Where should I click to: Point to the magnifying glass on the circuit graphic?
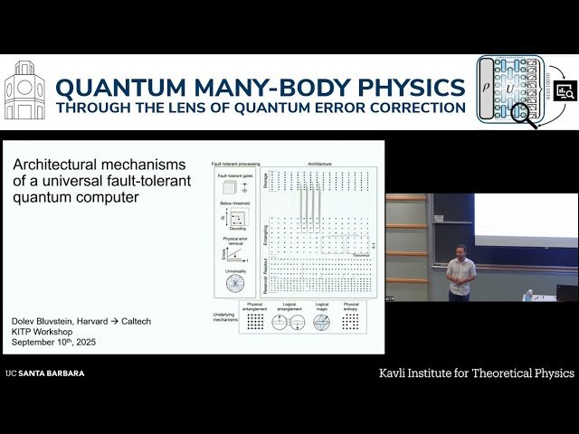coord(523,114)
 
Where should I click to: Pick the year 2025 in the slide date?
coord(85,343)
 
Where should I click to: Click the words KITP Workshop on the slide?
coord(45,332)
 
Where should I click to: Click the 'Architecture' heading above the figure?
coord(319,165)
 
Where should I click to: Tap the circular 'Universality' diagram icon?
coord(235,282)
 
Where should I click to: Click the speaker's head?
coord(460,250)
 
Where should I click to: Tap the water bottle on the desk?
coord(529,295)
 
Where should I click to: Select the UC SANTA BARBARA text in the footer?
coord(44,373)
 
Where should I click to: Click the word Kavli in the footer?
coord(395,373)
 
